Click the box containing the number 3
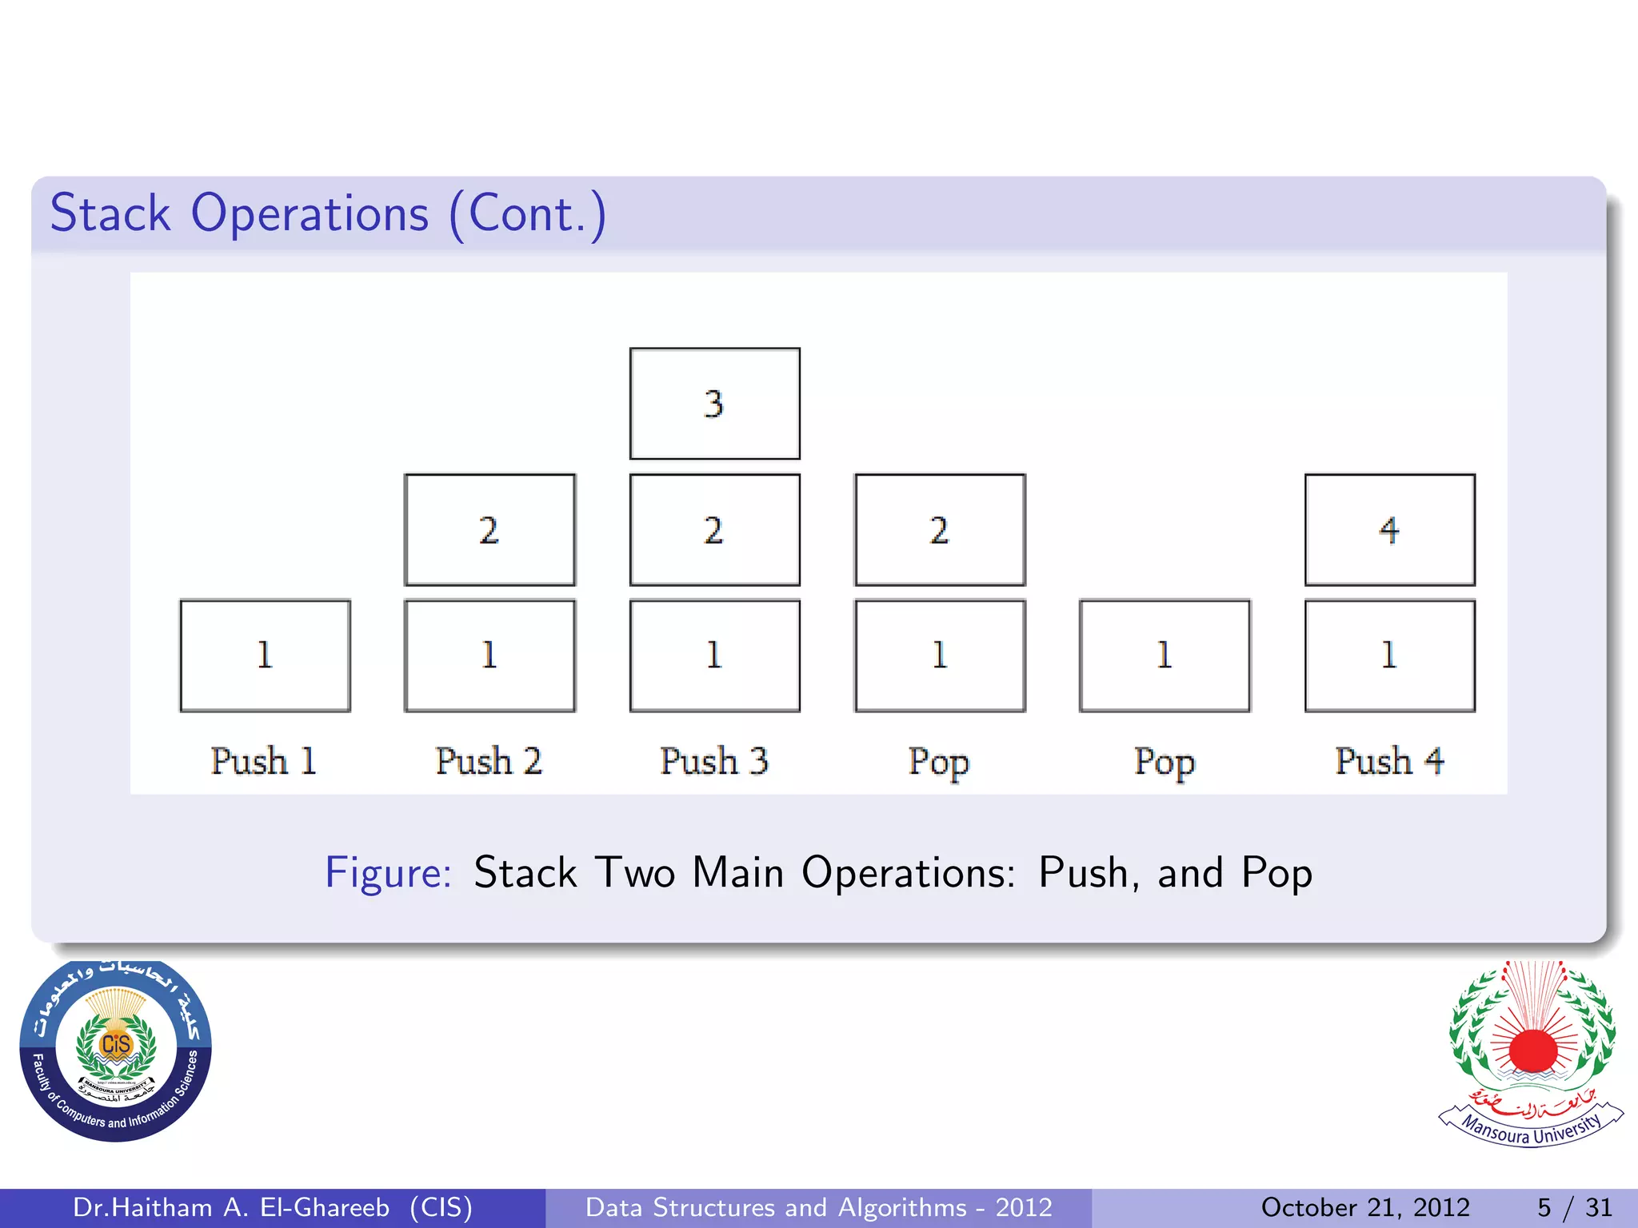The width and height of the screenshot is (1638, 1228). tap(714, 404)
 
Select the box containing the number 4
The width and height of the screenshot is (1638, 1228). tap(1389, 529)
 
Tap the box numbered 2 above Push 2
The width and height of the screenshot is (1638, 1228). tap(489, 529)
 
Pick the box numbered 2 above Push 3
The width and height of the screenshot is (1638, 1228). tap(714, 529)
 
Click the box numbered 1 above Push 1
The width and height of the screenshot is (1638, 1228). tap(265, 656)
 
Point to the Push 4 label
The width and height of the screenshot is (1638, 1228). tap(1389, 760)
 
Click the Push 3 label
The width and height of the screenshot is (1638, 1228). tap(714, 760)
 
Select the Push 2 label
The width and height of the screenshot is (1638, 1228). tap(489, 760)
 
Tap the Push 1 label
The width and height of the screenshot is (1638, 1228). tap(264, 760)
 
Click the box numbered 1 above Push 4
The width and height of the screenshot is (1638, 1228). tap(1389, 656)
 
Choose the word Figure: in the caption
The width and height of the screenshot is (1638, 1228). tap(388, 873)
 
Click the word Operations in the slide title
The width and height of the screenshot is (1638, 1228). tap(310, 213)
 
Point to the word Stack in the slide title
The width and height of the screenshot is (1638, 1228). tap(110, 213)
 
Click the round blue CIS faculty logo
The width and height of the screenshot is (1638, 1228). tap(116, 1051)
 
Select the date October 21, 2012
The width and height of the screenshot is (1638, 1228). tap(1365, 1207)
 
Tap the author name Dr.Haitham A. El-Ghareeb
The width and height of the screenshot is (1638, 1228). tap(231, 1207)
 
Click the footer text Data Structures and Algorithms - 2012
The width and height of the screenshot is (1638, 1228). tap(818, 1207)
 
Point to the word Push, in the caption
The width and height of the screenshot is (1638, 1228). tap(1088, 873)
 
